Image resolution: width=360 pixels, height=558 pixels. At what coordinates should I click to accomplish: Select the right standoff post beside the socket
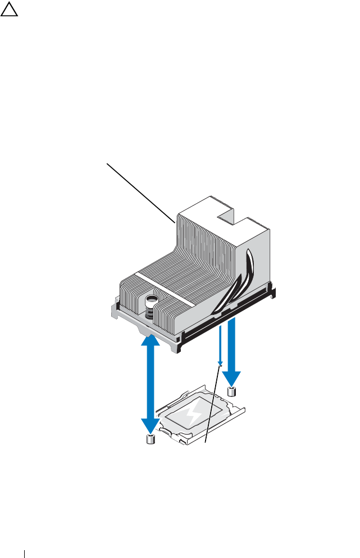click(x=232, y=392)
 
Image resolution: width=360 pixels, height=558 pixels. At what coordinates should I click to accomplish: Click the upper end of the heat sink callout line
click(x=108, y=163)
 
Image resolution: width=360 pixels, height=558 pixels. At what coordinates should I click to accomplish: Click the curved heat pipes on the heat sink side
click(x=241, y=281)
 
